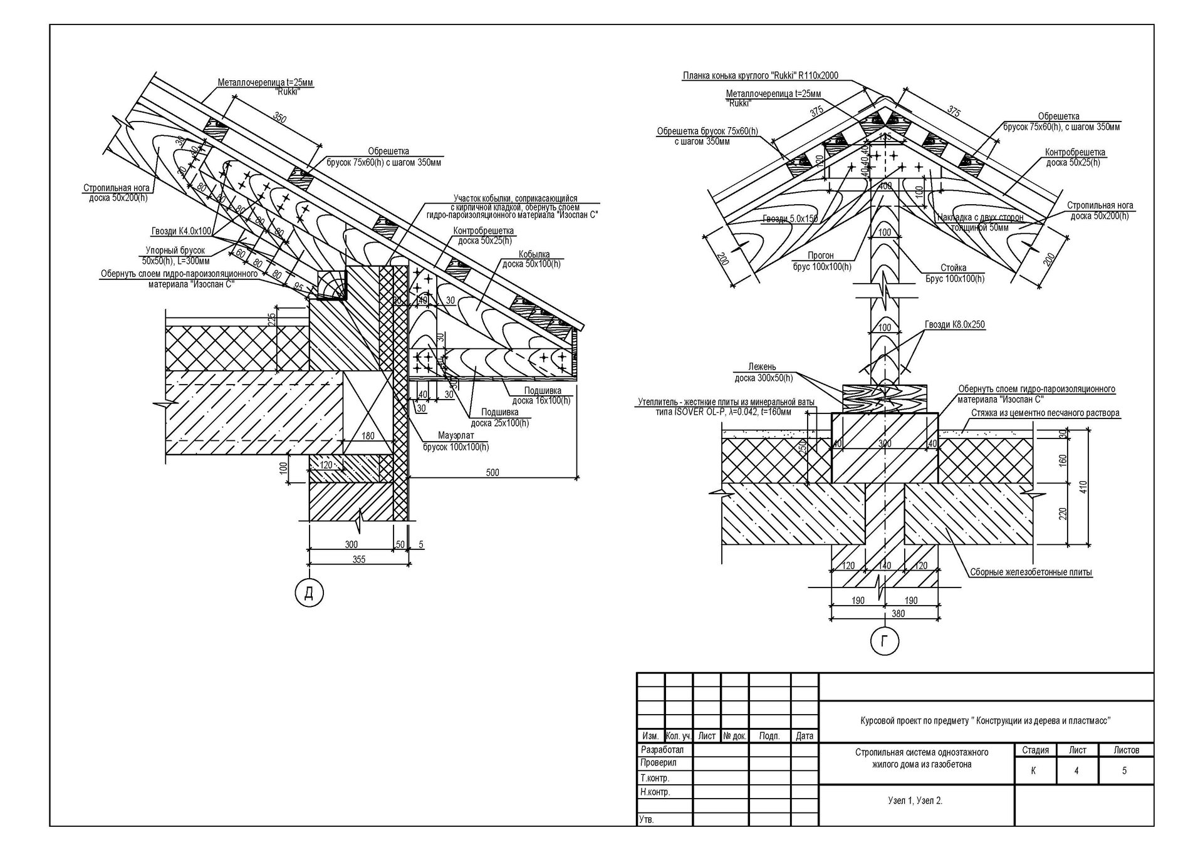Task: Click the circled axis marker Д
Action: click(x=309, y=593)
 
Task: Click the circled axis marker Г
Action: click(x=884, y=641)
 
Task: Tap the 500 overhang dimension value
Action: click(x=492, y=472)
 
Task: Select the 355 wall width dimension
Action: click(x=358, y=559)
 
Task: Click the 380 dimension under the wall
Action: click(x=898, y=614)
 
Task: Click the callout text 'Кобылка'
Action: click(x=534, y=254)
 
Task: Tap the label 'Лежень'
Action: click(x=762, y=367)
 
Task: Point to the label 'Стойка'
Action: click(x=953, y=267)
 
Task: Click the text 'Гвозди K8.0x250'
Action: click(x=954, y=324)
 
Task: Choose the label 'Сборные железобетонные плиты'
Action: click(x=1031, y=572)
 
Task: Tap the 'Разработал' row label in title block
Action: click(x=662, y=750)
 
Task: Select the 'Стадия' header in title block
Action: click(x=1034, y=750)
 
